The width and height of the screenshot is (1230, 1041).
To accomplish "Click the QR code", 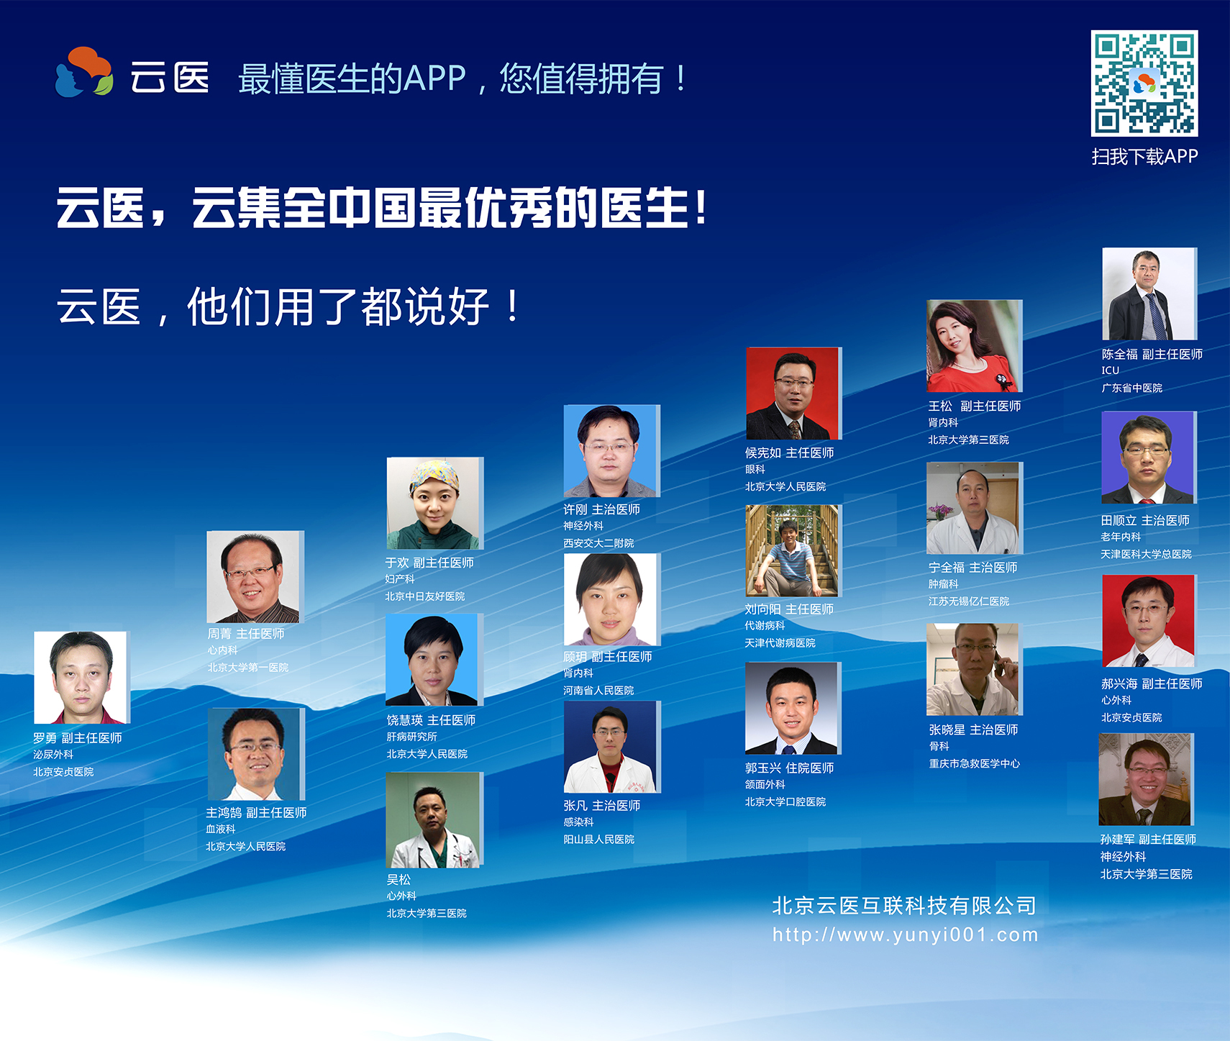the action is click(x=1144, y=83).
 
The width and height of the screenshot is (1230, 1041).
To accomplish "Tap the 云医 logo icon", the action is click(x=84, y=72).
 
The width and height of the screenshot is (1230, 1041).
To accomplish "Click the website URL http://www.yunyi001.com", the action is click(x=906, y=935).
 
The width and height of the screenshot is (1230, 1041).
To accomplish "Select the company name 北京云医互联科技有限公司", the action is click(x=904, y=906).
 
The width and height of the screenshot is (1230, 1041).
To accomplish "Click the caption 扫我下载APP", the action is click(x=1144, y=157).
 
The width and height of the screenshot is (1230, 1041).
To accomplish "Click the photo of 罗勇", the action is click(x=81, y=678).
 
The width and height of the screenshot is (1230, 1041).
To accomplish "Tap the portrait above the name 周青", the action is click(x=254, y=577).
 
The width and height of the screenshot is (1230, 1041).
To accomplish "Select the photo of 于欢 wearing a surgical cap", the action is click(x=434, y=504).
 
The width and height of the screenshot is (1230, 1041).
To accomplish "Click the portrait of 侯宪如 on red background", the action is click(x=793, y=394).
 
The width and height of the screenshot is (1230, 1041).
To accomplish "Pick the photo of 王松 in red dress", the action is click(x=974, y=346).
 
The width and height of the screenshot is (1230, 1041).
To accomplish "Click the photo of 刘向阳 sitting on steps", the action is click(x=792, y=550).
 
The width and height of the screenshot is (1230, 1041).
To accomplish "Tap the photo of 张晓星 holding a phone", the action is click(x=972, y=670).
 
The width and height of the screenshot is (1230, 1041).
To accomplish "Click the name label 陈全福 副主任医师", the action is click(x=1152, y=354).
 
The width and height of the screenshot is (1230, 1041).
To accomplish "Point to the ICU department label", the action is click(x=1111, y=371).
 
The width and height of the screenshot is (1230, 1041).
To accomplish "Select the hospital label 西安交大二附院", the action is click(x=598, y=543).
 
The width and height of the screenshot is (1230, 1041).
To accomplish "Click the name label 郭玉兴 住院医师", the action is click(x=790, y=768).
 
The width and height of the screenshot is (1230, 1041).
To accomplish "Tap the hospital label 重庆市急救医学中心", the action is click(x=975, y=763).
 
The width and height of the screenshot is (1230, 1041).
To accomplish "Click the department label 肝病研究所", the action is click(x=411, y=737).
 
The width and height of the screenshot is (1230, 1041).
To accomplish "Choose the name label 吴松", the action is click(x=398, y=879).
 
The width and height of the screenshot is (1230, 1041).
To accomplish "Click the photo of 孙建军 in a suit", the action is click(x=1146, y=779).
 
